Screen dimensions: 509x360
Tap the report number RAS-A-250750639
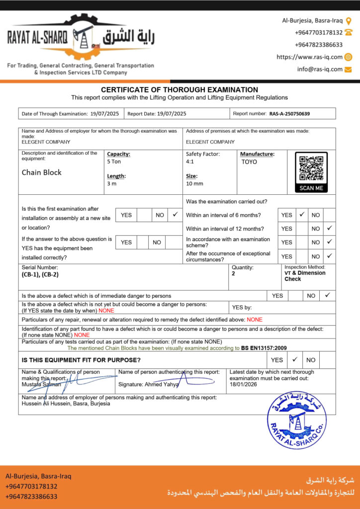click(289, 114)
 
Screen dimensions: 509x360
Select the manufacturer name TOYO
click(249, 162)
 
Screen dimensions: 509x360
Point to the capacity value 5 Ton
click(114, 162)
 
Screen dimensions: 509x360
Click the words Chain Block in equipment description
click(42, 172)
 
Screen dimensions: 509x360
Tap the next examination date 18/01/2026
click(244, 384)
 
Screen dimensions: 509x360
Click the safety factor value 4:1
click(190, 162)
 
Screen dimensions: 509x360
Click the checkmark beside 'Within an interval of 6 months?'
click(302, 215)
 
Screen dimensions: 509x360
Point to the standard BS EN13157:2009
click(264, 348)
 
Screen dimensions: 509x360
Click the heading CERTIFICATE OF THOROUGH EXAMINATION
click(180, 90)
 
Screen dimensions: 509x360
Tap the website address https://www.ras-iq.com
click(309, 57)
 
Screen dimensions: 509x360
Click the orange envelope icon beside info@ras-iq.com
click(348, 69)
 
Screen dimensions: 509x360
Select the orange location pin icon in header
click(349, 21)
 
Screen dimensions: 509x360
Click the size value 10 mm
click(194, 184)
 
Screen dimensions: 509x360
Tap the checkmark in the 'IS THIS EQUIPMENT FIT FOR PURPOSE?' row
click(294, 359)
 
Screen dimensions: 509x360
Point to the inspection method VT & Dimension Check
click(305, 276)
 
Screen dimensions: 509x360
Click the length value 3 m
click(112, 184)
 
